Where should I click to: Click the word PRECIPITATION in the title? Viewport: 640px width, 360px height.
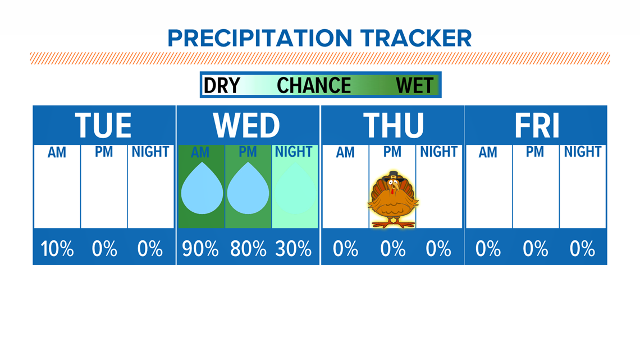(260, 38)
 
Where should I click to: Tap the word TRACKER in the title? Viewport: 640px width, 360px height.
(416, 38)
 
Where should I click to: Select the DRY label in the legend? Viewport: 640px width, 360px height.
(222, 85)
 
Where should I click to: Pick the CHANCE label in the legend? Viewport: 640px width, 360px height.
(314, 85)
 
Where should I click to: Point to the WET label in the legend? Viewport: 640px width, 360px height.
(415, 85)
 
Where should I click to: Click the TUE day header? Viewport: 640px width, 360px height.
(103, 125)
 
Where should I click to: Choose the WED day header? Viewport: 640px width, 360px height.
(246, 125)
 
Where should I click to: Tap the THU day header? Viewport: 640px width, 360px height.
(394, 125)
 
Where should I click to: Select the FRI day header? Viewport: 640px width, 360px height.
(536, 125)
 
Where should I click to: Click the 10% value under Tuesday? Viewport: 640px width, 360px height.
(57, 249)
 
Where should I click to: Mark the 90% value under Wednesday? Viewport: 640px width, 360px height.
(200, 249)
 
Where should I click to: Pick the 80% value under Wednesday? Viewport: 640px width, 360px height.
(248, 249)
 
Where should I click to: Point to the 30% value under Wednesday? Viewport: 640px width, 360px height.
(294, 249)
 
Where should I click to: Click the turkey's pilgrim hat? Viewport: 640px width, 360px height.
(394, 176)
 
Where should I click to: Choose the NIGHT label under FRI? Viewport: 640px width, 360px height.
(582, 152)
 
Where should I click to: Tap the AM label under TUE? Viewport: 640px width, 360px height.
(57, 153)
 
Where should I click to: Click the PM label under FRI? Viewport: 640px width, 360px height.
(534, 152)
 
